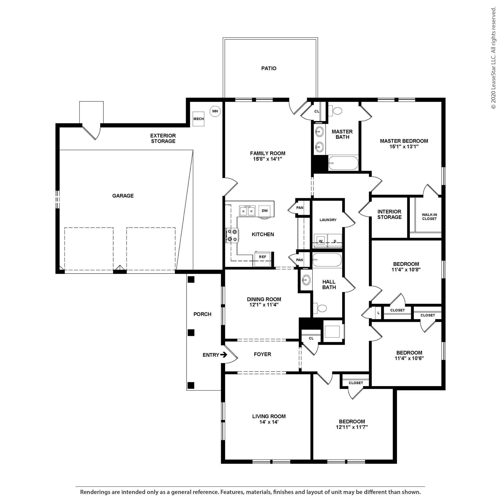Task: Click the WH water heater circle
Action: click(215, 111)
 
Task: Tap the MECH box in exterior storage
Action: click(198, 119)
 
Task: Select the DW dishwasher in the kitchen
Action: click(265, 211)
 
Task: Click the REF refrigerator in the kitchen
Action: click(263, 259)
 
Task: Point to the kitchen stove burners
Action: click(232, 235)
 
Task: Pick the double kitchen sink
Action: click(247, 211)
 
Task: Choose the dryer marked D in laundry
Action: click(335, 241)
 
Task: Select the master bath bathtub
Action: click(343, 163)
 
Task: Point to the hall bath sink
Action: click(306, 280)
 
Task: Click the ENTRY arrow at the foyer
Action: click(223, 355)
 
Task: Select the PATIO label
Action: click(269, 69)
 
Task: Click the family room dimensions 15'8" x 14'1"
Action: click(268, 159)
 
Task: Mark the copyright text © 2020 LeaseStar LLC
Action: click(493, 58)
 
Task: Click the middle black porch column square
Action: click(191, 332)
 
